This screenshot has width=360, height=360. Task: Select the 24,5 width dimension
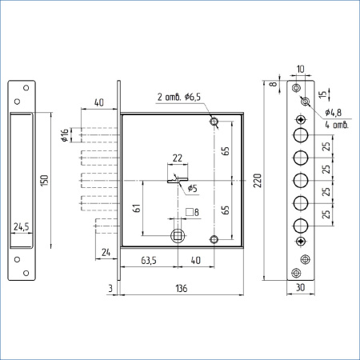tap(22, 227)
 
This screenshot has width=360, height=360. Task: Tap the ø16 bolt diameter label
tap(65, 136)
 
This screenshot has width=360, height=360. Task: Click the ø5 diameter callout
tap(192, 189)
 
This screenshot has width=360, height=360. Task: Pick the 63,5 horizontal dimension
tap(148, 260)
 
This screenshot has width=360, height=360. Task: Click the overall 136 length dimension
tap(181, 288)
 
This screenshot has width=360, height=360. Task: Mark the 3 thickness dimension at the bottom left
tap(110, 288)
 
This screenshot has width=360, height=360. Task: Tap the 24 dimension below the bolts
tap(106, 254)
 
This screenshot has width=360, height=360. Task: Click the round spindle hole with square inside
tap(178, 235)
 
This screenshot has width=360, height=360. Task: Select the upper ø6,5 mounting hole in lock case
tap(214, 122)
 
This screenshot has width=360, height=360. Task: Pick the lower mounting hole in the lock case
tap(214, 239)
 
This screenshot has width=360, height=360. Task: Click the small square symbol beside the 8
tap(190, 212)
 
